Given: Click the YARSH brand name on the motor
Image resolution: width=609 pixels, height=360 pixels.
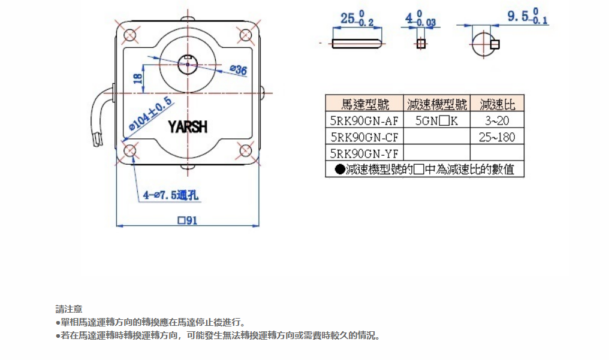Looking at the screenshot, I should (188, 127).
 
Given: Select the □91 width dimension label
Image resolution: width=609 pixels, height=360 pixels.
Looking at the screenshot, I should (188, 220).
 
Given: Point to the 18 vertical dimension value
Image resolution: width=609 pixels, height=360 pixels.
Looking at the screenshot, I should (138, 78).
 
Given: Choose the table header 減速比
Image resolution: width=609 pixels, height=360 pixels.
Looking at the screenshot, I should (497, 104).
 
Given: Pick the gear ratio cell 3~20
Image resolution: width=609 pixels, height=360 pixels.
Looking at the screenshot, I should (497, 121).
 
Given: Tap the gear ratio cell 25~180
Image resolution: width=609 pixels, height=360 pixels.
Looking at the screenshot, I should (497, 137).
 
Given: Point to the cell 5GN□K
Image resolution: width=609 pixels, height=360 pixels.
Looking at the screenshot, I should (437, 121).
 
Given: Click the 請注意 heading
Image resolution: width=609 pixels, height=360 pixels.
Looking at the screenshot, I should (69, 309).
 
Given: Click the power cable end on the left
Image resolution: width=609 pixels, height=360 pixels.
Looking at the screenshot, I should (98, 141).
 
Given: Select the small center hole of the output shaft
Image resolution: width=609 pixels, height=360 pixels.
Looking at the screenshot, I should (188, 63).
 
